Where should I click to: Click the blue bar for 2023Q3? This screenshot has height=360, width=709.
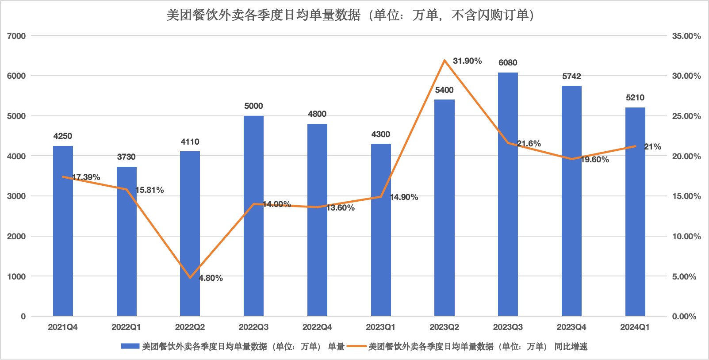point(508,195)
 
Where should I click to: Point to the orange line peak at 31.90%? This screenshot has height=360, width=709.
point(444,60)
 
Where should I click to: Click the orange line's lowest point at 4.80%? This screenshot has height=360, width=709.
point(190,278)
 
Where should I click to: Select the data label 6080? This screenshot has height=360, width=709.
point(508,63)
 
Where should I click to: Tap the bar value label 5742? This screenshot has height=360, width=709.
point(571,77)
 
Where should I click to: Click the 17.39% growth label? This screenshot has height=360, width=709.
point(86,177)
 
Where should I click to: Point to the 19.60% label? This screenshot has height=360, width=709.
point(595,160)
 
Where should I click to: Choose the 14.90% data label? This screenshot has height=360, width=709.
point(404,197)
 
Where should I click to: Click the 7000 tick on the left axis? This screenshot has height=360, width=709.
point(16,36)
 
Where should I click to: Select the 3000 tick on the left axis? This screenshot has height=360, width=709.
point(16,196)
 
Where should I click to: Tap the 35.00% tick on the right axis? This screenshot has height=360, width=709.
point(686,36)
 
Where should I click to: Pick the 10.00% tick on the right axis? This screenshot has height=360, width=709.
point(686,236)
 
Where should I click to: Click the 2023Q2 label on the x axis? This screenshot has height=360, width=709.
point(444,327)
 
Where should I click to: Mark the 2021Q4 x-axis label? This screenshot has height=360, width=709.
point(63,327)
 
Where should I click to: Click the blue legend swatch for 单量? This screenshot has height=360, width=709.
point(130,346)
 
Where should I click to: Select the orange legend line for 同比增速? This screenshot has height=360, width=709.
point(356,346)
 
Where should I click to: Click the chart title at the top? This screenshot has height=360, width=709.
point(350,15)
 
